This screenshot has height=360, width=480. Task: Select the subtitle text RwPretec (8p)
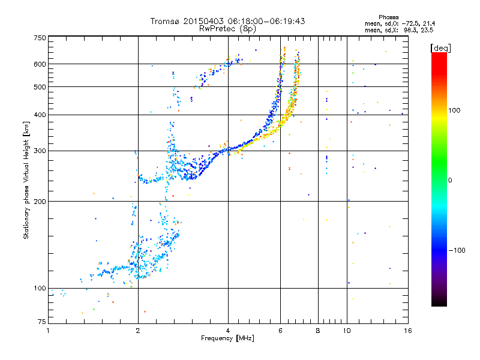[x=227, y=29]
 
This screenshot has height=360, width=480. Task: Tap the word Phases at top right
[x=388, y=17]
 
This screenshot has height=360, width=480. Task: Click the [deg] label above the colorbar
[x=440, y=49]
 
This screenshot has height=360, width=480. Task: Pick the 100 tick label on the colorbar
[x=454, y=110]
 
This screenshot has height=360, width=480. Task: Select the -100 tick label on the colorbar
[x=457, y=250]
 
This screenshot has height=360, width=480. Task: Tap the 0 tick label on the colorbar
[x=450, y=181]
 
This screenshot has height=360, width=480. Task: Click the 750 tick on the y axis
[x=40, y=38]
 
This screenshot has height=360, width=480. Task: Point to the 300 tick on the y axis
[x=40, y=151]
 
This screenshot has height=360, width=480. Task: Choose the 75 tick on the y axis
[x=42, y=322]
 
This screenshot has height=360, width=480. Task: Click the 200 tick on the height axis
[x=40, y=202]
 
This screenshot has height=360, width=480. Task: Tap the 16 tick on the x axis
[x=408, y=331]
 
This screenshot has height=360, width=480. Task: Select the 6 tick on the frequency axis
[x=280, y=331]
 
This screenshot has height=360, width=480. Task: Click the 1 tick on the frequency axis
[x=48, y=331]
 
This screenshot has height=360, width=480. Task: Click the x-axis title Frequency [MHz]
[x=227, y=338]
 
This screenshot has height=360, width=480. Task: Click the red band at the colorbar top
[x=439, y=61]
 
